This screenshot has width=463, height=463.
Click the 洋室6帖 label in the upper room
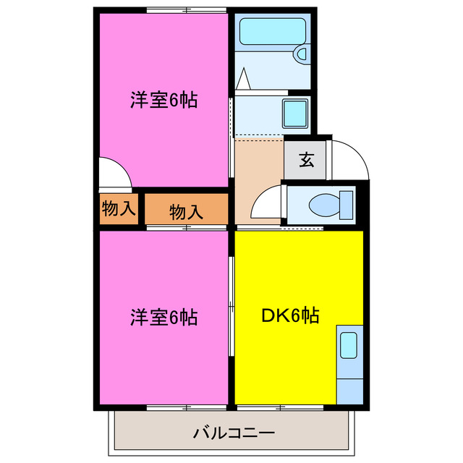coord(164,101)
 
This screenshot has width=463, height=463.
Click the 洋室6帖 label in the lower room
coord(164,316)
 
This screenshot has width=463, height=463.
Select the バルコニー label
coord(234,434)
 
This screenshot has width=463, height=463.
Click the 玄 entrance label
coord(306,160)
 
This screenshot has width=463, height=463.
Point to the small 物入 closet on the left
coord(118,209)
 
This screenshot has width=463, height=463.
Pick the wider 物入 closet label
coord(186,212)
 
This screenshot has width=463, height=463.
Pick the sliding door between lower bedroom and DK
coord(232,307)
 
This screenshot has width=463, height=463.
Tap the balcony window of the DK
coord(285,407)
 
